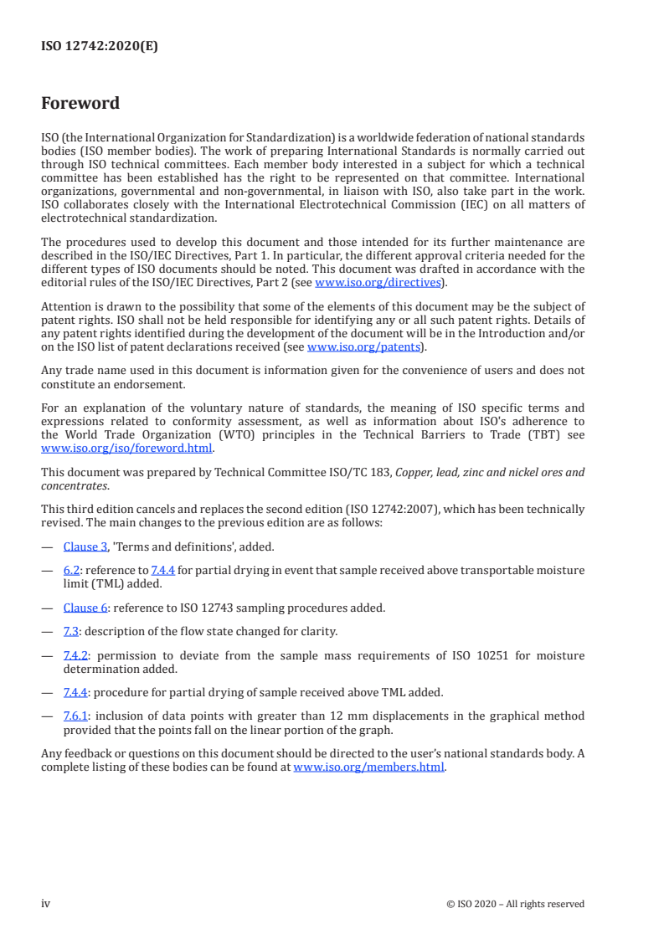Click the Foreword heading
(x=80, y=104)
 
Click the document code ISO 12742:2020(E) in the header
(x=100, y=47)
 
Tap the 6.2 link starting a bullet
(x=72, y=570)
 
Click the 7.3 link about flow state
(x=70, y=631)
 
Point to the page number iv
(x=46, y=903)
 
